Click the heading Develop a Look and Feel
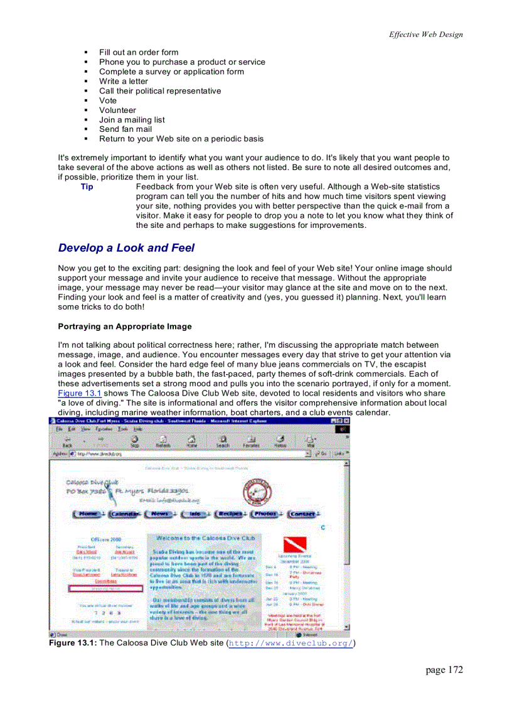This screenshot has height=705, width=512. [126, 248]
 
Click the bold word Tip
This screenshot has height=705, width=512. [87, 186]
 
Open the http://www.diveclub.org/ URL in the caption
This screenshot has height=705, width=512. [291, 643]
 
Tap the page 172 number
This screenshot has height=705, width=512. [444, 670]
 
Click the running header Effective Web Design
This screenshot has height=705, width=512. [425, 35]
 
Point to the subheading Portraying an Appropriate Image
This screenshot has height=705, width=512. [125, 326]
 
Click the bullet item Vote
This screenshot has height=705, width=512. [108, 100]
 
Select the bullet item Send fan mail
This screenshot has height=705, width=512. [125, 129]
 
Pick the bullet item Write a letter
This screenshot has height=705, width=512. [124, 81]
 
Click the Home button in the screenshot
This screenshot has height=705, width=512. [88, 514]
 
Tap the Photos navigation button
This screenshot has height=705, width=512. [266, 514]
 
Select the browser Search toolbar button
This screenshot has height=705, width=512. [223, 441]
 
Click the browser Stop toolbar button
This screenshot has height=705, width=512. [134, 441]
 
